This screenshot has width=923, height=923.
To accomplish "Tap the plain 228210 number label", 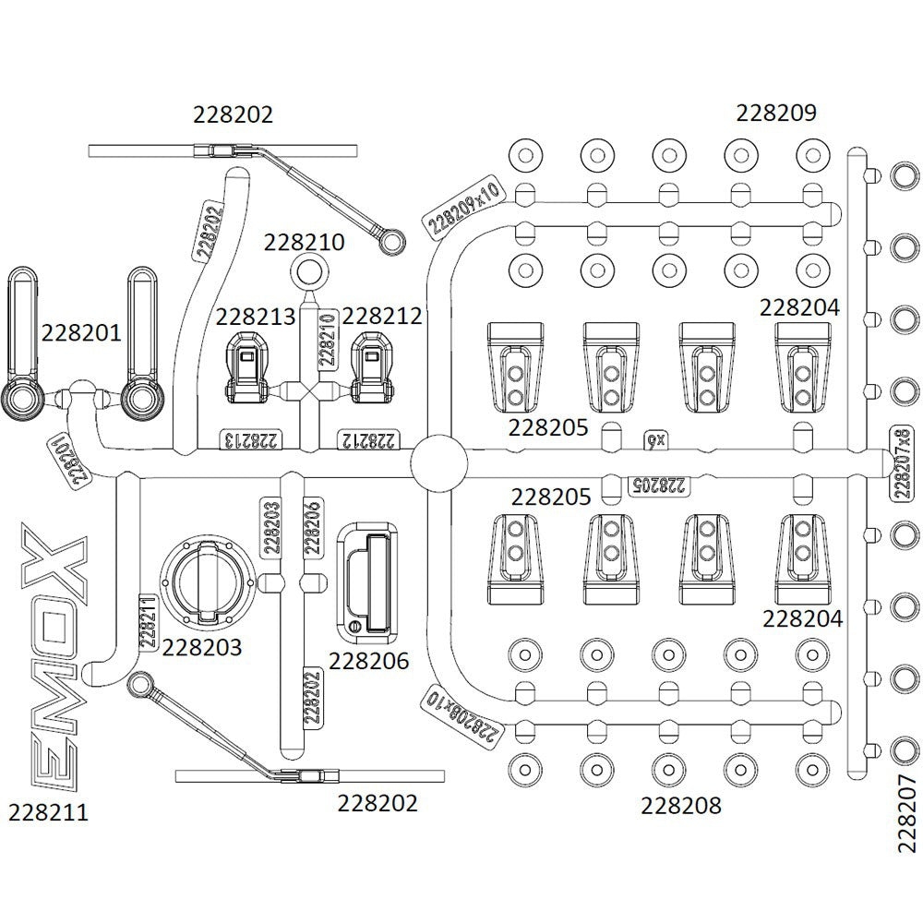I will [304, 242].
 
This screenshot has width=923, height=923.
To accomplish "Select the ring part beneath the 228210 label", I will [308, 272].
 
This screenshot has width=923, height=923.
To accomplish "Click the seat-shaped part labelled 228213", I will [246, 366].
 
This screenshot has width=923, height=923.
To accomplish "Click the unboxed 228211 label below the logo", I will [48, 812].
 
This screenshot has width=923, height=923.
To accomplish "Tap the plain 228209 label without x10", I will [776, 113].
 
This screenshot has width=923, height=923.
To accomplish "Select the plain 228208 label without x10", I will [681, 806].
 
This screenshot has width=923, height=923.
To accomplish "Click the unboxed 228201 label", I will [81, 332].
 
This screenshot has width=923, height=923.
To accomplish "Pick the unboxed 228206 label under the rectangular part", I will [368, 661].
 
